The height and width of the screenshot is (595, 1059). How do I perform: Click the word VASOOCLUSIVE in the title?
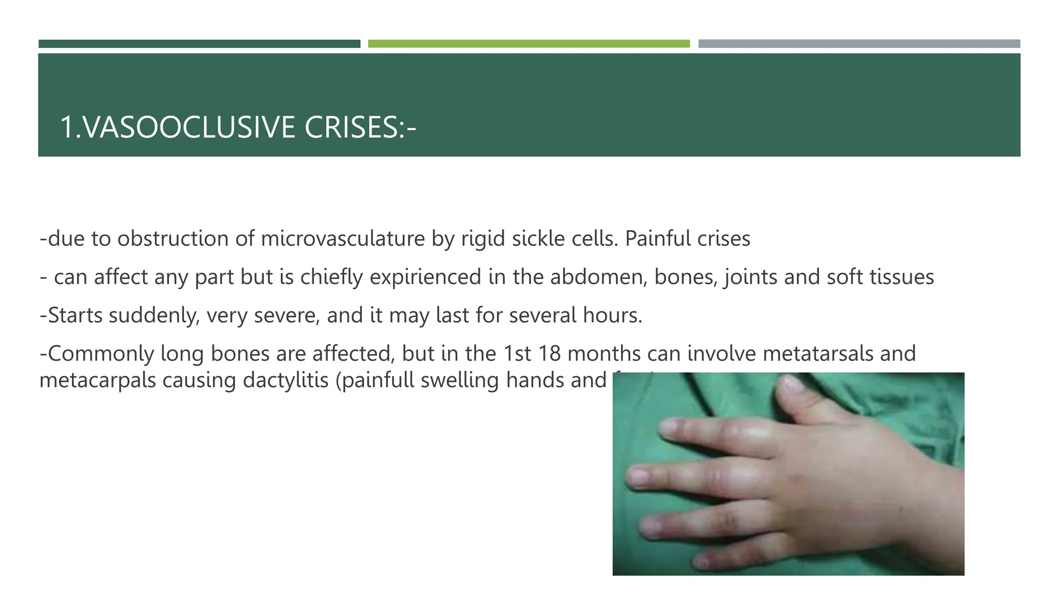[x=189, y=127]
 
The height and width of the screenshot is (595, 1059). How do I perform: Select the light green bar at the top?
[x=528, y=44]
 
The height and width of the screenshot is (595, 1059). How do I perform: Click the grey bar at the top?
[x=859, y=44]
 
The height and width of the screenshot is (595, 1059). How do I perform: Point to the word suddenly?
[x=154, y=316]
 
